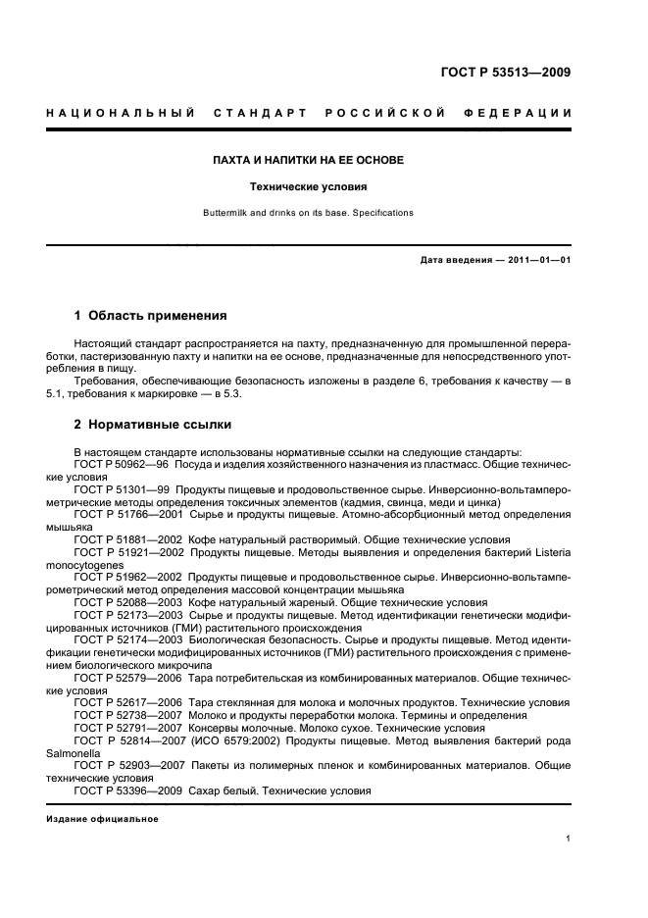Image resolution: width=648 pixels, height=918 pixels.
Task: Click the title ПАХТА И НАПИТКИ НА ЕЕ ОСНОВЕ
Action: [x=309, y=160]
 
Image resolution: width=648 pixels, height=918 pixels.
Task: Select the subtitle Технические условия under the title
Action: [x=309, y=185]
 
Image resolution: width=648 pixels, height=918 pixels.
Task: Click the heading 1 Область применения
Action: [x=151, y=316]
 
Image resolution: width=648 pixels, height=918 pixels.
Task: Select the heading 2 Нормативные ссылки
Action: [x=153, y=426]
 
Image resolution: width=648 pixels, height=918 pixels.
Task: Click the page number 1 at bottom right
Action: [x=568, y=839]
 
